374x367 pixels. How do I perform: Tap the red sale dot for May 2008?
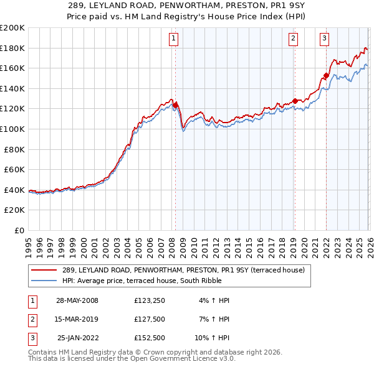[175, 105]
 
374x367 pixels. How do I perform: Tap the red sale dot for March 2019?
[294, 100]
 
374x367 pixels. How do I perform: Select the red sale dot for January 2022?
[326, 75]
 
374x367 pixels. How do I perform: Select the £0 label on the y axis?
[19, 230]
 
